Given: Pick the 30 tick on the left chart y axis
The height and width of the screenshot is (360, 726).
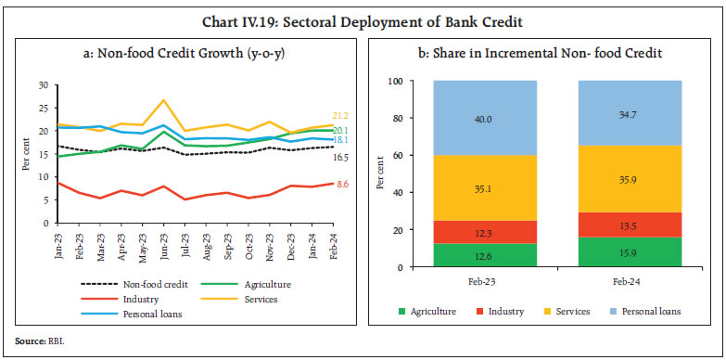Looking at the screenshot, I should pyautogui.click(x=43, y=85).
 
